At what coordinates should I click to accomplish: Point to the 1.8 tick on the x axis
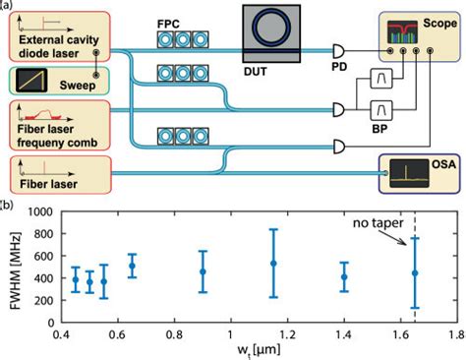(x=455, y=335)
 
